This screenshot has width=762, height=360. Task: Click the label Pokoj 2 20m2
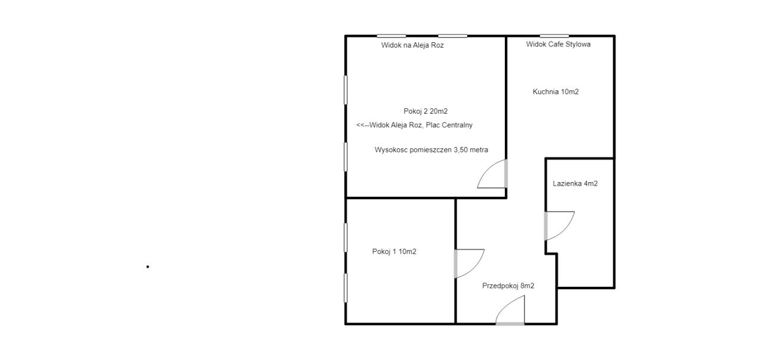pos(426,111)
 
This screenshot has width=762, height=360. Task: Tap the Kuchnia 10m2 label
pos(555,92)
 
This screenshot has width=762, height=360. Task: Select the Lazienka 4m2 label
pos(575,183)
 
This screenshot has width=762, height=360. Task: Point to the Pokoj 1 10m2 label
pos(394,252)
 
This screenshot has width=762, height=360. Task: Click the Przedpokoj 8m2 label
pos(508,286)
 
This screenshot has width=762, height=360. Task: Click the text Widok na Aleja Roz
pos(413,45)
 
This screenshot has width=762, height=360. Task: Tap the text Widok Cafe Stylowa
pos(558,44)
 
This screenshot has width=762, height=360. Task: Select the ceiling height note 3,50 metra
pos(471,150)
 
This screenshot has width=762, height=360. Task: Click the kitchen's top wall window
pos(554,36)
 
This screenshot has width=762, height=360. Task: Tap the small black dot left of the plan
pos(148,267)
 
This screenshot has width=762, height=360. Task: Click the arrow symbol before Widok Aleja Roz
pos(363,125)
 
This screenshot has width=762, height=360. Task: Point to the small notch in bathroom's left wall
pos(551,253)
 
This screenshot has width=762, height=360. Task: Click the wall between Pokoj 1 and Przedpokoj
pos(455,261)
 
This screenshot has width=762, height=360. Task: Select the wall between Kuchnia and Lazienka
pos(580,158)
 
